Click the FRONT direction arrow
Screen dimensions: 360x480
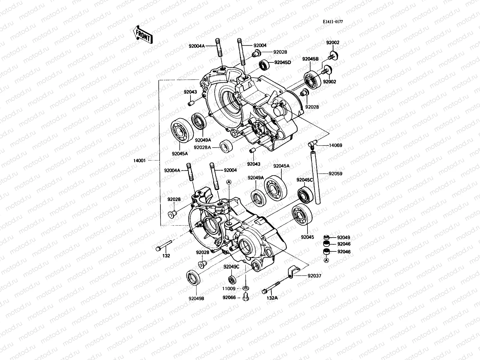click(x=143, y=34)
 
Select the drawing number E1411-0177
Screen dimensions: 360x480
click(x=333, y=22)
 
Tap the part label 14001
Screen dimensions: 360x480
click(x=139, y=160)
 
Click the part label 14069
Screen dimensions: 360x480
click(x=335, y=145)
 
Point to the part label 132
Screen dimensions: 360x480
click(x=166, y=256)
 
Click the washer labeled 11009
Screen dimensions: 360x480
click(x=246, y=288)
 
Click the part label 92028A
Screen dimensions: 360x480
click(x=202, y=147)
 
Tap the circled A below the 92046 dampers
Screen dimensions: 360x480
click(x=326, y=260)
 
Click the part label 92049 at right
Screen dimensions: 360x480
click(x=343, y=237)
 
